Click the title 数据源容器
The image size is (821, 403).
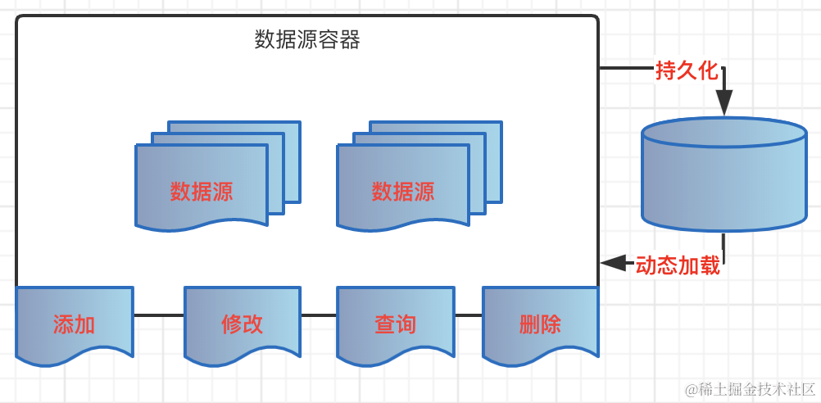coord(307,39)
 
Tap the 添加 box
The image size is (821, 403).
coord(74,324)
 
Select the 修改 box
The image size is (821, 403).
coord(243,324)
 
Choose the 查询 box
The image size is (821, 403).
coord(395,324)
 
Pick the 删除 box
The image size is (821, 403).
coord(540,324)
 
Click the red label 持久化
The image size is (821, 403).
coord(687,70)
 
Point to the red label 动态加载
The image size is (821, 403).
coord(678,265)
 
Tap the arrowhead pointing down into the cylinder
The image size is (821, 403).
coord(723,103)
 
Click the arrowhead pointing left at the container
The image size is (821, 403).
coord(610,263)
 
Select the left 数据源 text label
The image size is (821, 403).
coord(202,192)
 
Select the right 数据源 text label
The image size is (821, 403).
coord(403,192)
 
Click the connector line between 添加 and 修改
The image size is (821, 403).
coord(158,315)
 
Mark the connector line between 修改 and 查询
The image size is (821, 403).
coord(320,315)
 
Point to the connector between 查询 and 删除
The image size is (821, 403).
coord(469,315)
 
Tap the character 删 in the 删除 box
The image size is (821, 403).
coord(529,324)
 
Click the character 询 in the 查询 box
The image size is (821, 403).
coord(406,324)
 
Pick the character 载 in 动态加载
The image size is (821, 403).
coord(710,265)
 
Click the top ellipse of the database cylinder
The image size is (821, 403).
coord(723,133)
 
